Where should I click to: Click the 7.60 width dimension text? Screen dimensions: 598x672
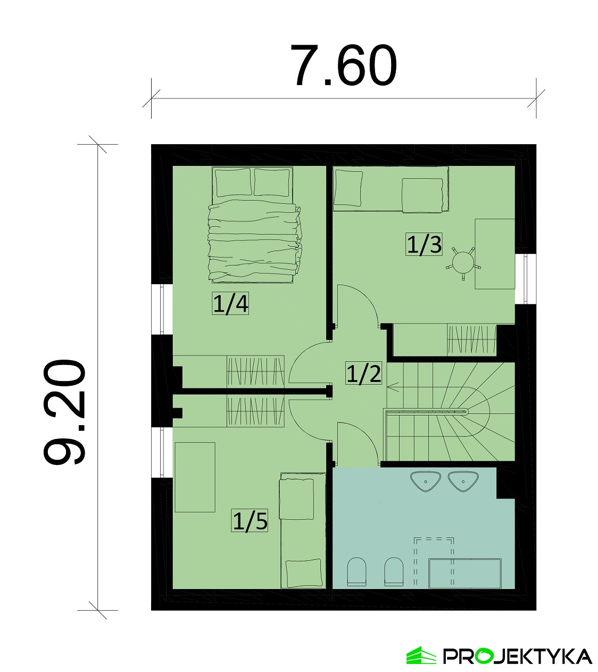[344, 65]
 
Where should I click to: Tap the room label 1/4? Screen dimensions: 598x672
[230, 304]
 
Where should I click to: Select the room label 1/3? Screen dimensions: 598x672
[424, 244]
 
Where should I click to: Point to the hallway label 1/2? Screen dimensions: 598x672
[363, 373]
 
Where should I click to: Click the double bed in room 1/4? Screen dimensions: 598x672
[254, 225]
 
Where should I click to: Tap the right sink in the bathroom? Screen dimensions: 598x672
[463, 482]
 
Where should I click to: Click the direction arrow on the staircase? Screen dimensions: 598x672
[394, 387]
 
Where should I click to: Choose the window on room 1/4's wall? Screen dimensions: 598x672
[162, 309]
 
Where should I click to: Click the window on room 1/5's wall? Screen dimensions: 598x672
[162, 452]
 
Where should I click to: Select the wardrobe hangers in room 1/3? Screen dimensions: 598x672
[471, 339]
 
